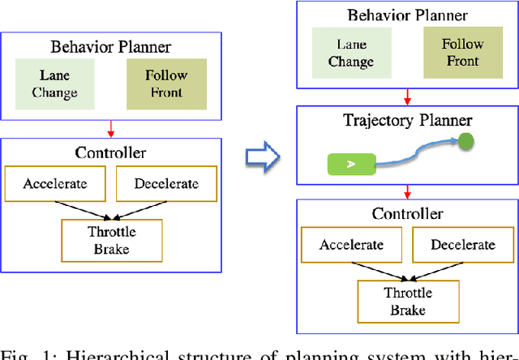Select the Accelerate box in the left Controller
tap(54, 184)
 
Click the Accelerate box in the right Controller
tap(350, 245)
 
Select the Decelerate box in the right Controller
tap(461, 245)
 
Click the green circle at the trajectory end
tap(465, 143)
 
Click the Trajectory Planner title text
tap(407, 121)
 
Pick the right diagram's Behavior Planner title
tap(406, 15)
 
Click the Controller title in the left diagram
tap(110, 152)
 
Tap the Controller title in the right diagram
tap(407, 214)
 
